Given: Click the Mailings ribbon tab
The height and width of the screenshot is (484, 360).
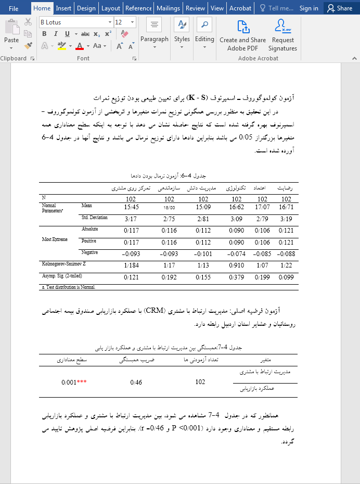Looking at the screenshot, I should point(168,8).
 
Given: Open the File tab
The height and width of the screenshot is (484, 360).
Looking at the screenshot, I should point(14,8).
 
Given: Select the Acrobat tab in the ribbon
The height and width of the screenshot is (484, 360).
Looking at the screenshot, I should point(240,8).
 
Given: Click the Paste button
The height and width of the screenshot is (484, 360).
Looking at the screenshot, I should point(11,32).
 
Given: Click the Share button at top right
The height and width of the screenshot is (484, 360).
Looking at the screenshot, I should point(339,8).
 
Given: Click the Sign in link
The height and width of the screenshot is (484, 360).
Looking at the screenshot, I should point(309,8).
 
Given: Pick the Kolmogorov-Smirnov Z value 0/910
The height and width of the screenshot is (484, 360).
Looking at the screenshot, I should point(237,266).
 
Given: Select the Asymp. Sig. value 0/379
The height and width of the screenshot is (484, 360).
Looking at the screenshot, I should point(237,278).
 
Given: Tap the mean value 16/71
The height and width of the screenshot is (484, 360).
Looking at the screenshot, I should point(287,207).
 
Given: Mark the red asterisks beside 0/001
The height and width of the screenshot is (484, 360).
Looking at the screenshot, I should point(82,382).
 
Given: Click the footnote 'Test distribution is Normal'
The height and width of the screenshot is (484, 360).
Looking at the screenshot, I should point(69,287).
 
